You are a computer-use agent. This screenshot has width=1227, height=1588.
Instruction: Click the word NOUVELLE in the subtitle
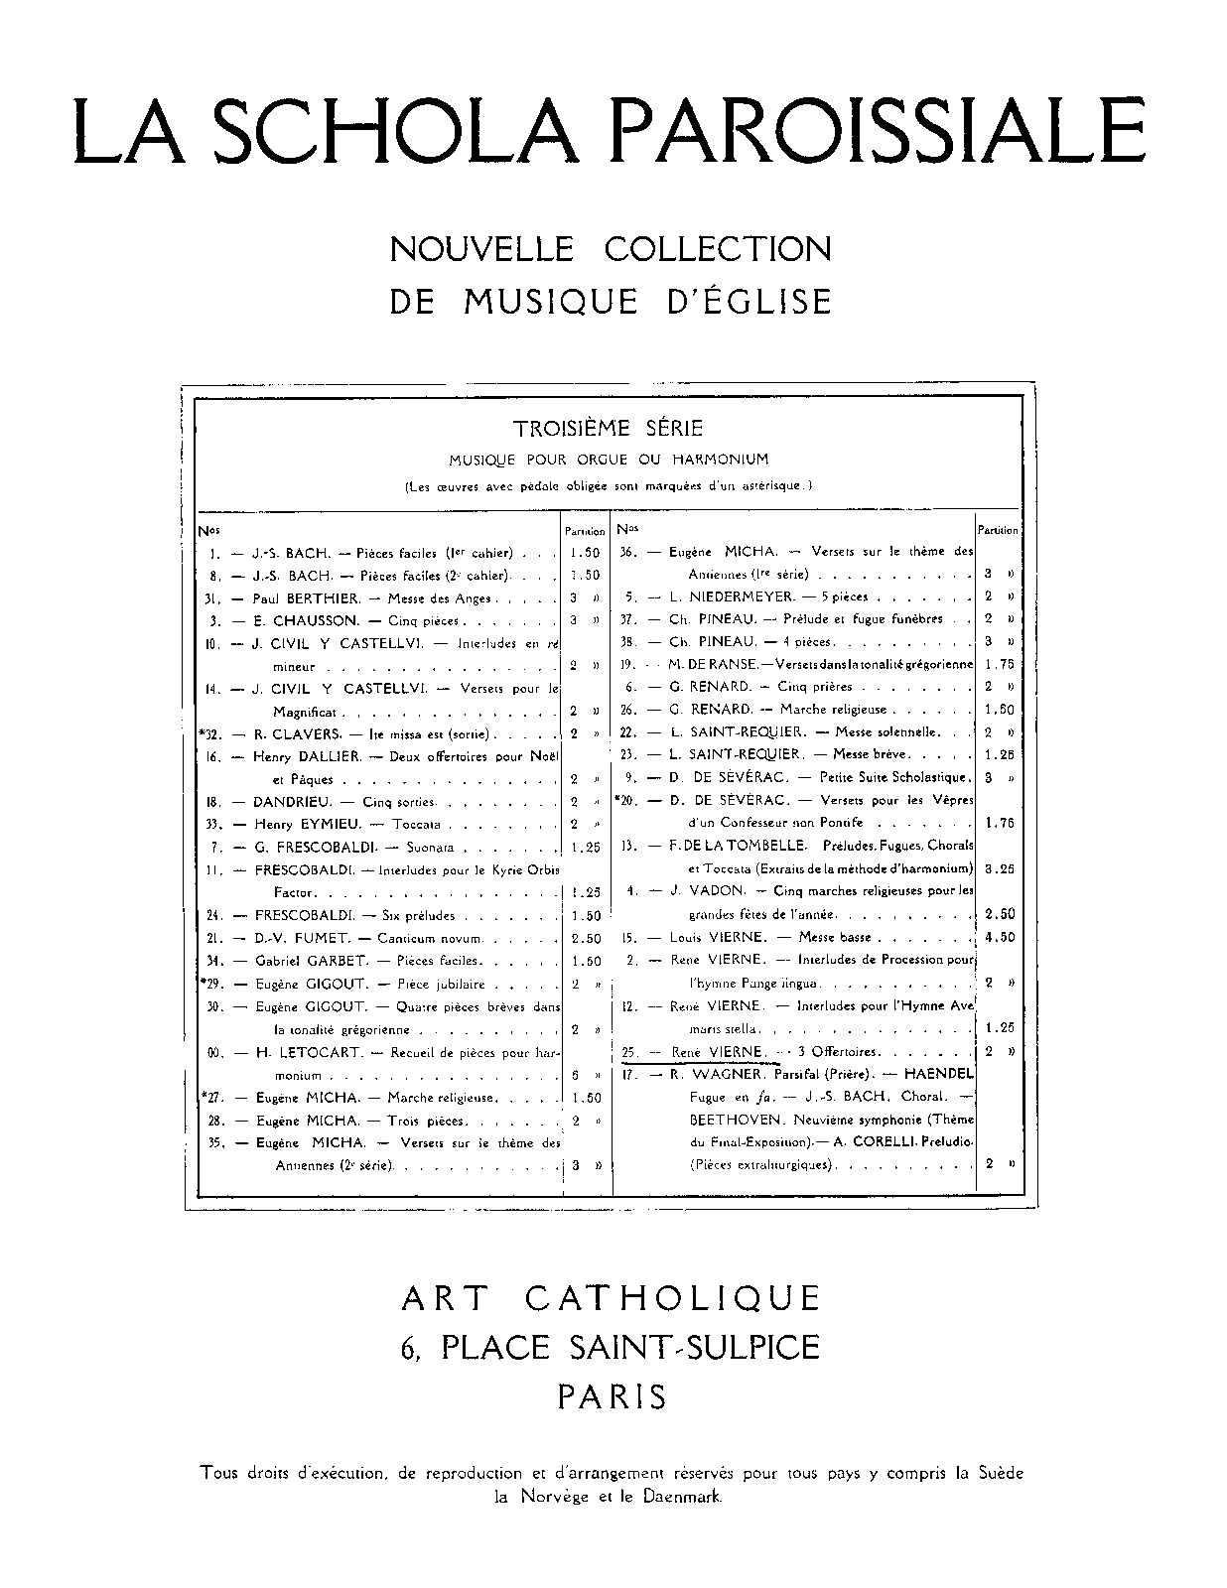tap(480, 248)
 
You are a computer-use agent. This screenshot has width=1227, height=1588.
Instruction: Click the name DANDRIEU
tap(293, 802)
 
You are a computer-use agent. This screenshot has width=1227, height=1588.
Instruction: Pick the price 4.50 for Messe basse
tap(1000, 937)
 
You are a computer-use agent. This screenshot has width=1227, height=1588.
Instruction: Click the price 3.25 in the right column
tap(1000, 867)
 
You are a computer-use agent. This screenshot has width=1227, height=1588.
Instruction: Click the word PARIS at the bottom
tap(612, 1397)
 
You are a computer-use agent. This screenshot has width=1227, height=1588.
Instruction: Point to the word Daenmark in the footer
tap(685, 1497)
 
